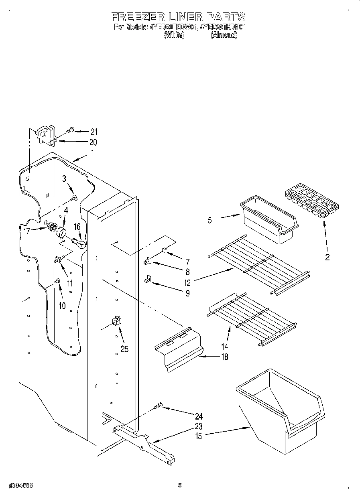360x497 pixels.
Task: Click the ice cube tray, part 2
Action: point(312,201)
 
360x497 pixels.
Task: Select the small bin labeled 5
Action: point(269,218)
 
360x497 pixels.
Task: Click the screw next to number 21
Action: point(69,130)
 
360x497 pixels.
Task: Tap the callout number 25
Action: point(124,349)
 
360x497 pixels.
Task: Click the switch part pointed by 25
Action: point(116,320)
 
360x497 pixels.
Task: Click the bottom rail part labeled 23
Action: point(144,441)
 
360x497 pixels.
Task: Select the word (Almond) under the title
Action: point(224,35)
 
